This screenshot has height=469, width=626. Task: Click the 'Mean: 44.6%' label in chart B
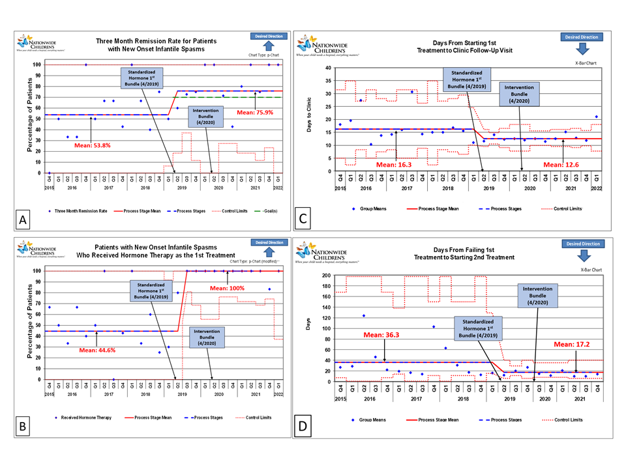coord(98,349)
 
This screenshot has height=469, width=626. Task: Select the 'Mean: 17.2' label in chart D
coord(572,343)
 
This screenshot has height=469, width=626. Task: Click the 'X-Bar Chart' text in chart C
coord(587,64)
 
